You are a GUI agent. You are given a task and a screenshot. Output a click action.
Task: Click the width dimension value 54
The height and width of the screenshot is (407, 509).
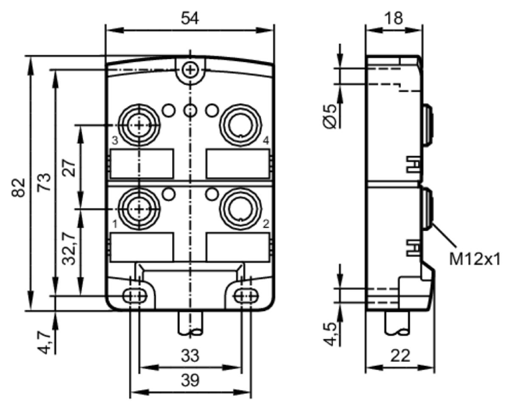tap(190, 18)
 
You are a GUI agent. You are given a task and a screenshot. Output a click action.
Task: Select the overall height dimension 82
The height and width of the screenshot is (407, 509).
tap(18, 188)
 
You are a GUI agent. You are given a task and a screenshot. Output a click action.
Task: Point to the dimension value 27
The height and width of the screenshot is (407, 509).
tap(69, 168)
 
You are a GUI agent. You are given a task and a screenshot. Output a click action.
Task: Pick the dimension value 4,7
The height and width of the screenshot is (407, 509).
tap(44, 343)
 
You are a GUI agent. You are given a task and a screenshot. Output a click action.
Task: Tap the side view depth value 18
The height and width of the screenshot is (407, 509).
tap(394, 18)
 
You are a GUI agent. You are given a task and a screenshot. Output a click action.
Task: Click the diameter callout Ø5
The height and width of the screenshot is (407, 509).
tap(329, 116)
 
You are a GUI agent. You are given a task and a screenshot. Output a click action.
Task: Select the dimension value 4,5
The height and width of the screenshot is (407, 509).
tap(330, 334)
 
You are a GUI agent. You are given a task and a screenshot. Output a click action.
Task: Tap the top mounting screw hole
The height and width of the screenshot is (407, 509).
tap(190, 70)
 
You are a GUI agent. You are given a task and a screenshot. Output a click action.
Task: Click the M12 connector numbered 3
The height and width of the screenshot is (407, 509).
tap(139, 124)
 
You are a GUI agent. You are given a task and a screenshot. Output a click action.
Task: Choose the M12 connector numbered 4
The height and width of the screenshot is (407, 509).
tap(241, 124)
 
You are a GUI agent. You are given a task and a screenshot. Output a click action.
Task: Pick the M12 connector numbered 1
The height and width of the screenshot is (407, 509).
tap(139, 209)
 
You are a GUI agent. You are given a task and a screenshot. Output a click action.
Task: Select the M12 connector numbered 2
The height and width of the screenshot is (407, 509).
tap(241, 209)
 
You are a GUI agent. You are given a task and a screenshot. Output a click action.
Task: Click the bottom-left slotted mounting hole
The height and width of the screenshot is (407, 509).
tap(134, 296)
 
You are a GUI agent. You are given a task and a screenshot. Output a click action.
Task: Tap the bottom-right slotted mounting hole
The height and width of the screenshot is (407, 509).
tap(246, 296)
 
